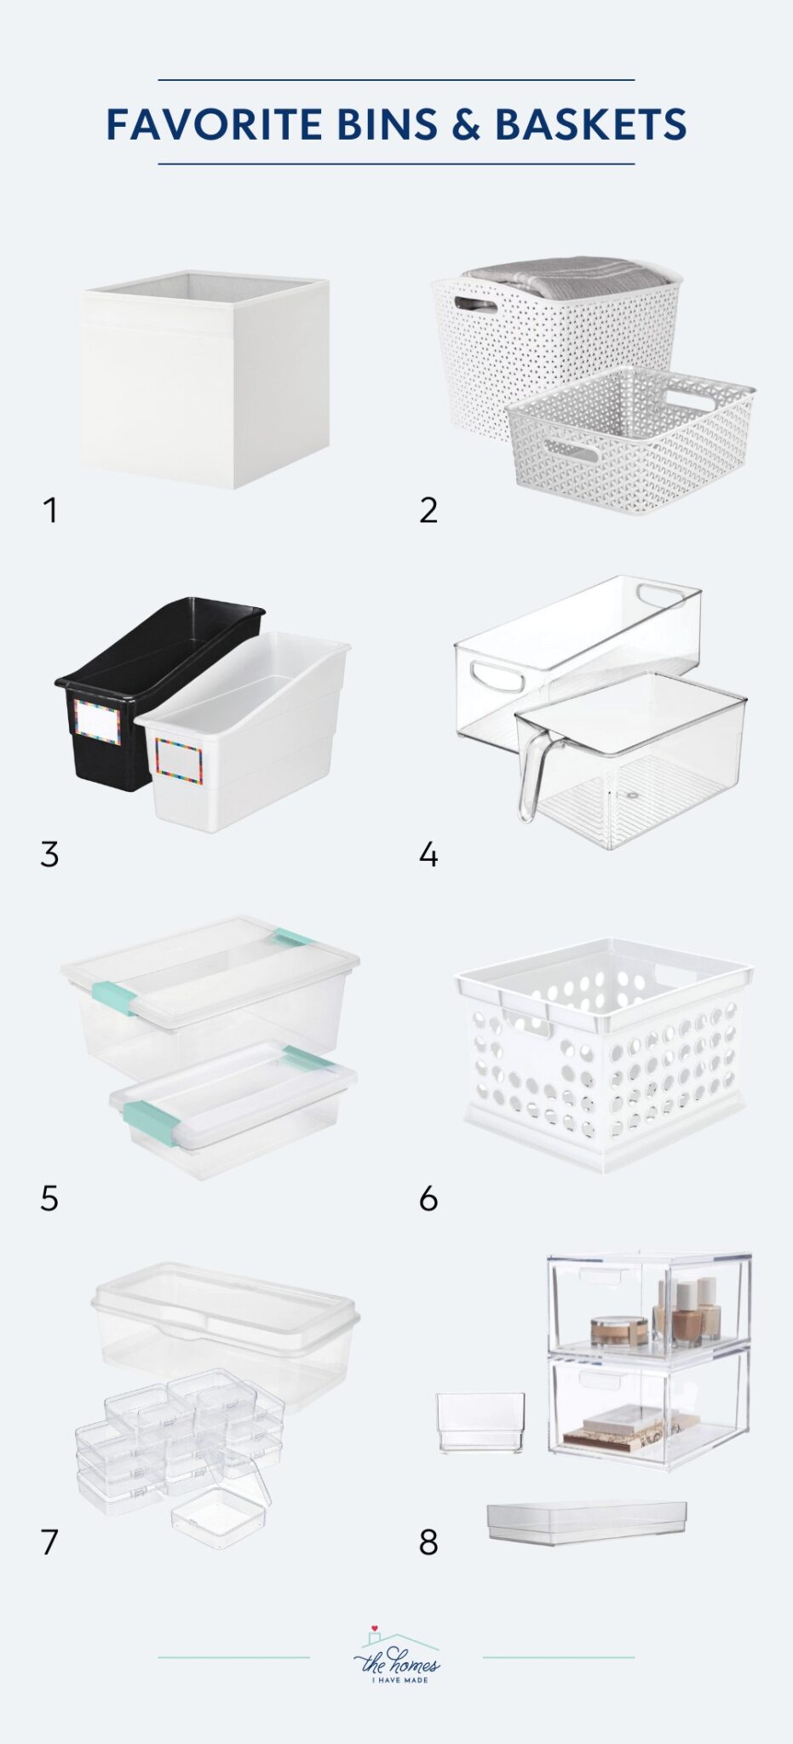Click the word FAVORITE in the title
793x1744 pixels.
coord(215,124)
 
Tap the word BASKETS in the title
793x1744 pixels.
coord(590,124)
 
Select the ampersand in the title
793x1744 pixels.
coord(466,124)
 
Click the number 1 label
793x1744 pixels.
coord(51,511)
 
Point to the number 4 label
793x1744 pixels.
coord(428,854)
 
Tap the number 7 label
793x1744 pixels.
coord(49,1542)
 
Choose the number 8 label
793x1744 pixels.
coord(428,1542)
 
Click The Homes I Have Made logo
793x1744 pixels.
coord(397,1656)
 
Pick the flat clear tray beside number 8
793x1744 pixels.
coord(587,1522)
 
